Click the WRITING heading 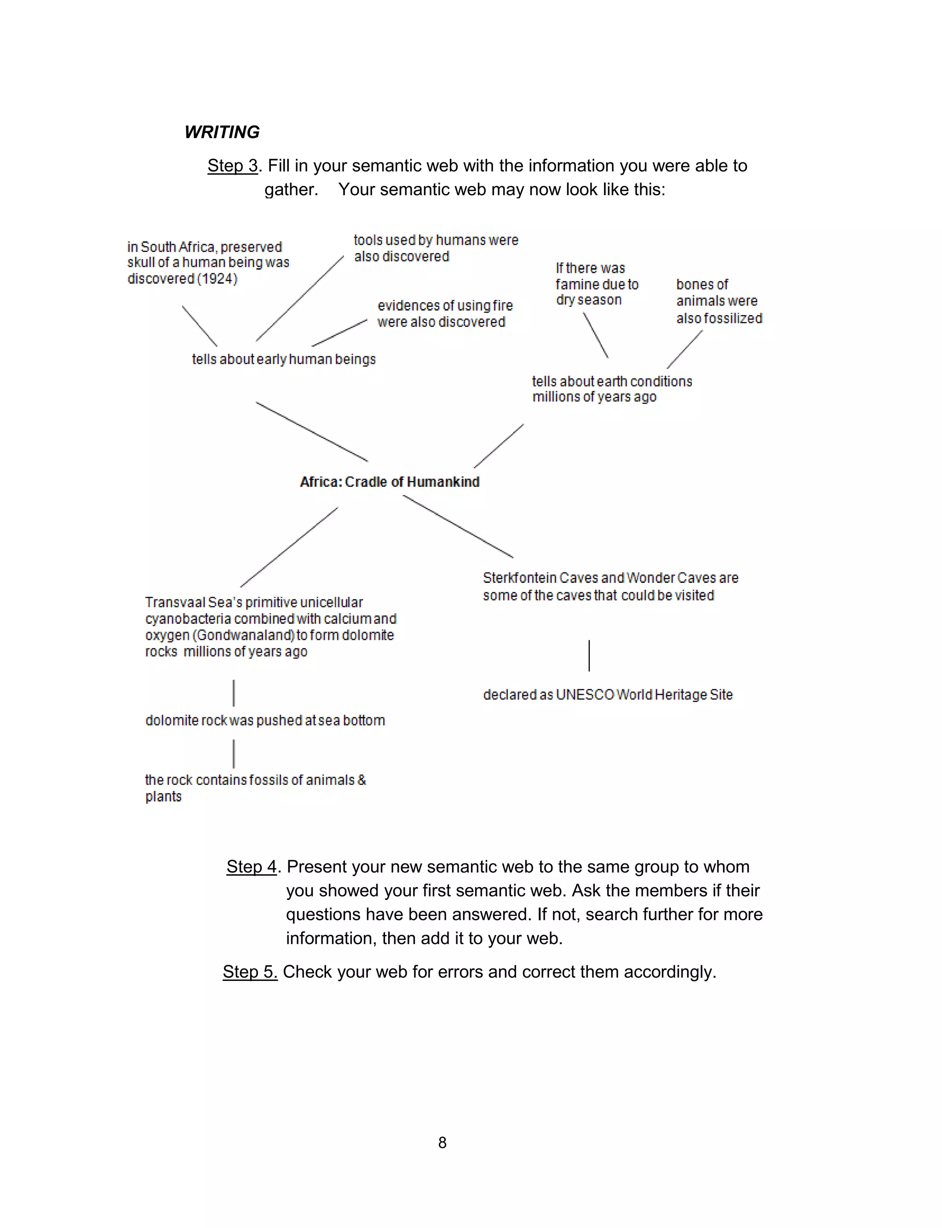222,133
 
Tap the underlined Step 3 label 232,166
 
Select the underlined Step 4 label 251,867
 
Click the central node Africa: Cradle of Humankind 390,482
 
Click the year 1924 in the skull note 217,279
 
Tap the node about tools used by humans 436,248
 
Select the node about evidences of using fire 445,314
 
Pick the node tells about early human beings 284,359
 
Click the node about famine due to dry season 597,284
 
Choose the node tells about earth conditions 611,389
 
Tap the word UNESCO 585,695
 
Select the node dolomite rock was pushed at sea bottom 264,721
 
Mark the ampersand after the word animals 362,780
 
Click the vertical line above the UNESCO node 589,656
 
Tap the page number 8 442,1143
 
